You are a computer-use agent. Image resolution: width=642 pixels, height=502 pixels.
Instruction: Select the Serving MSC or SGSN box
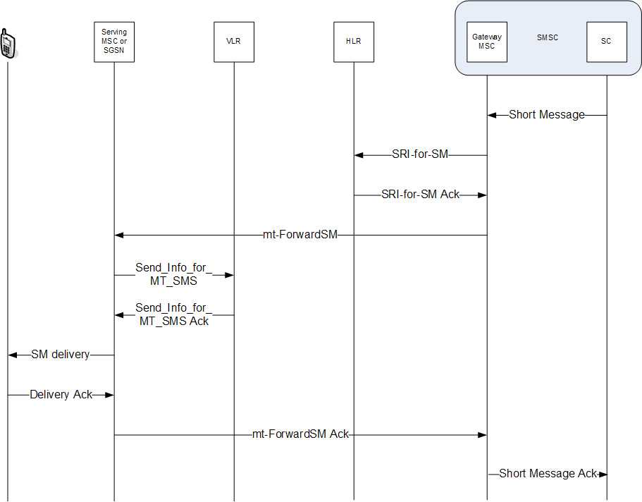pyautogui.click(x=114, y=42)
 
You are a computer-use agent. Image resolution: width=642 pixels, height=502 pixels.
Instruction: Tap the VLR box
pyautogui.click(x=233, y=42)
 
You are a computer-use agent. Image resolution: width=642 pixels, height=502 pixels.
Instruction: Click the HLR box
pyautogui.click(x=354, y=42)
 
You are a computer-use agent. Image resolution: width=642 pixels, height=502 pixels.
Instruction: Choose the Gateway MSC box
pyautogui.click(x=487, y=42)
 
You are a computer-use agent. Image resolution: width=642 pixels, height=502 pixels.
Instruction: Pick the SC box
pyautogui.click(x=607, y=42)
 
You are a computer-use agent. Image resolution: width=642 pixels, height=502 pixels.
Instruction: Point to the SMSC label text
pyautogui.click(x=547, y=37)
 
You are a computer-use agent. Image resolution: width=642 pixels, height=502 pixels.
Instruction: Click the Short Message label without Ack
pyautogui.click(x=547, y=114)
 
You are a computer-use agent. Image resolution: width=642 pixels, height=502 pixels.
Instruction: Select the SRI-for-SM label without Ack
pyautogui.click(x=420, y=154)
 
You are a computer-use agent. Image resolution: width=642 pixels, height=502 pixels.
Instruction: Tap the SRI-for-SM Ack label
pyautogui.click(x=420, y=195)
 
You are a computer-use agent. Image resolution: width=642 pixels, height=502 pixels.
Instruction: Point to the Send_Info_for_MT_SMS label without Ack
pyautogui.click(x=173, y=274)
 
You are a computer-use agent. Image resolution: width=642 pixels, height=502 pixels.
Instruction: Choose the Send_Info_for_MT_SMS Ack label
pyautogui.click(x=173, y=314)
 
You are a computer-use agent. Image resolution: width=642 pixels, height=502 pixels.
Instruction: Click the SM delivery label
pyautogui.click(x=61, y=355)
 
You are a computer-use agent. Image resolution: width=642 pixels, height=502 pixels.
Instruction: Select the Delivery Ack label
pyautogui.click(x=61, y=395)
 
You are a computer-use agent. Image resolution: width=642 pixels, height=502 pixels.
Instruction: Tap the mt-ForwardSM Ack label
pyautogui.click(x=300, y=435)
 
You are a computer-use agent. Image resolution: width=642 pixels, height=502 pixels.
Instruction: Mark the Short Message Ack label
pyautogui.click(x=548, y=474)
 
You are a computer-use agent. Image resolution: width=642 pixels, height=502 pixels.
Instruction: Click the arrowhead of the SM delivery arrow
pyautogui.click(x=12, y=355)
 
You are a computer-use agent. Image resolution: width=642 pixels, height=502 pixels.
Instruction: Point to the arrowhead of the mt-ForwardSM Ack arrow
pyautogui.click(x=482, y=435)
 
